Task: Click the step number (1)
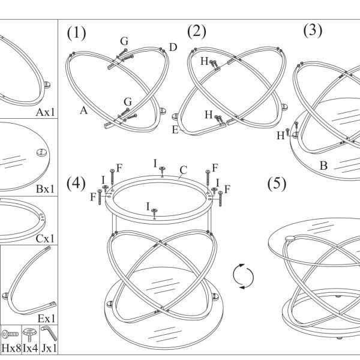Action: [76, 33]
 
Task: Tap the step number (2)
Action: [197, 31]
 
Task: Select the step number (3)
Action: [313, 30]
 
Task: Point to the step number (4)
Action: [76, 184]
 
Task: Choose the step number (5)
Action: [277, 184]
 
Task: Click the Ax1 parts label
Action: [46, 112]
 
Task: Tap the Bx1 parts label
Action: [46, 189]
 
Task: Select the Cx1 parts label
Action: [45, 239]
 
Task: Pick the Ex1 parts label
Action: [46, 319]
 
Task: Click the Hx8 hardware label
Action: [11, 348]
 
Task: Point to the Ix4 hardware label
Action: [31, 348]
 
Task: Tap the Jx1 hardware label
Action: [49, 348]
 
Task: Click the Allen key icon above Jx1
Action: [49, 334]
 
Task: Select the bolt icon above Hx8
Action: [10, 334]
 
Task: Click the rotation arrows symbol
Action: [244, 277]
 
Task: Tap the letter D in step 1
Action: [173, 47]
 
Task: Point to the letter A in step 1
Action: [84, 110]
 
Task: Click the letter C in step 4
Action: [184, 170]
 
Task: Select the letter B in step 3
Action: [323, 166]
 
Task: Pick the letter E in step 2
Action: [175, 130]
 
